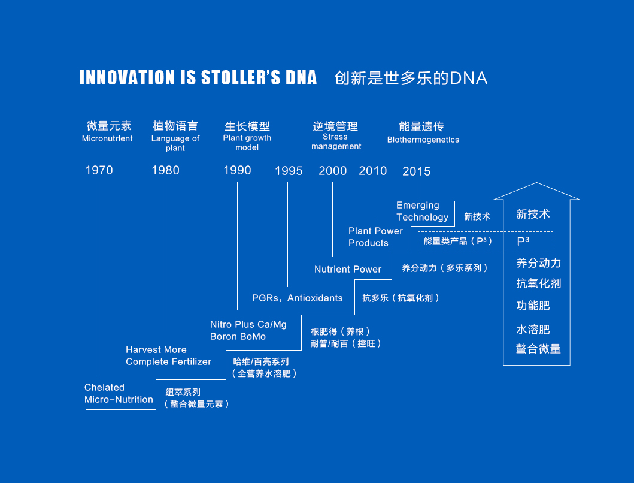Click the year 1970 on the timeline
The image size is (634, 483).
(99, 170)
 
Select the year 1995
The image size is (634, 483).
(289, 171)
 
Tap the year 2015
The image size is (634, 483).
(417, 171)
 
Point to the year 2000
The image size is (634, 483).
(333, 170)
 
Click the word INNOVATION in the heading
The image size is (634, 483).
(126, 77)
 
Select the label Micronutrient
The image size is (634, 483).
(107, 138)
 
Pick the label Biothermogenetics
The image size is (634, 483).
(423, 140)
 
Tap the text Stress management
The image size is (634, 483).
(336, 141)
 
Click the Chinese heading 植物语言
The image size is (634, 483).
(175, 126)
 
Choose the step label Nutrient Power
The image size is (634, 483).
(348, 269)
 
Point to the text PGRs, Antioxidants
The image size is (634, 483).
(297, 298)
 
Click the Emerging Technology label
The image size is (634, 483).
(422, 211)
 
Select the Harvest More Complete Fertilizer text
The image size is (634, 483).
(168, 355)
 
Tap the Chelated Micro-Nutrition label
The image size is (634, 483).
(119, 393)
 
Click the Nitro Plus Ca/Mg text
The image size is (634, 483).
(248, 324)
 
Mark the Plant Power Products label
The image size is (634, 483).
(375, 237)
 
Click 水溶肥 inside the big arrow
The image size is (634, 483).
(533, 330)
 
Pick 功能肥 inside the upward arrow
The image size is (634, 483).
(533, 305)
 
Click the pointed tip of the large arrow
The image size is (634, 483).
(536, 183)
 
